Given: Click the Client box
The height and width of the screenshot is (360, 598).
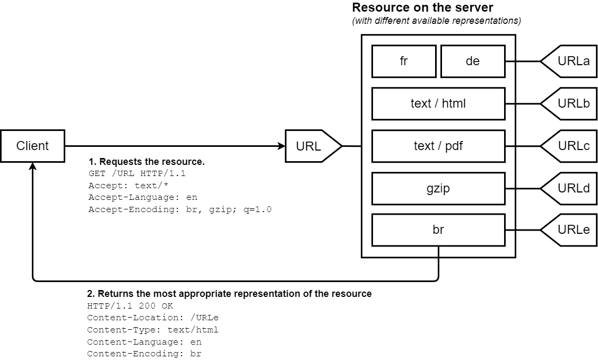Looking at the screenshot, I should pos(32,146).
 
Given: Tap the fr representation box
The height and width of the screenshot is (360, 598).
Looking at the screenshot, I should pos(404,61).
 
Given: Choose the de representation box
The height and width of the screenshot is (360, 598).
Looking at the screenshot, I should pos(472,61).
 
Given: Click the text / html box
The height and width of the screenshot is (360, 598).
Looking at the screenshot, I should pos(438,103).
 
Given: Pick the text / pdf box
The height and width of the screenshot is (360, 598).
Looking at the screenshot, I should pos(438,146).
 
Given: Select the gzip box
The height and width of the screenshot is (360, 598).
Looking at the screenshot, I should pos(438,188).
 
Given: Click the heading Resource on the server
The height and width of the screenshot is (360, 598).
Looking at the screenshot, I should pos(422,8).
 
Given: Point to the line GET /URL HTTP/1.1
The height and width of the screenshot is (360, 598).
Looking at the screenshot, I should pos(137,173).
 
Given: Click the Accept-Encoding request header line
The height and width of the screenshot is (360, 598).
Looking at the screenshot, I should pos(180,209).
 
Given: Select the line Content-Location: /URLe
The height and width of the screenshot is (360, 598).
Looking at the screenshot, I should pos(153,318).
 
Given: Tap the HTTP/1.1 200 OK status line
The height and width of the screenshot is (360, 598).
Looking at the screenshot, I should pos(130,306).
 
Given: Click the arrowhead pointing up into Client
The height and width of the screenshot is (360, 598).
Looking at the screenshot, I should pos(33,166).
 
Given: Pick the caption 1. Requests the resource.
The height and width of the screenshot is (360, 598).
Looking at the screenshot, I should pos(146,161).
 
